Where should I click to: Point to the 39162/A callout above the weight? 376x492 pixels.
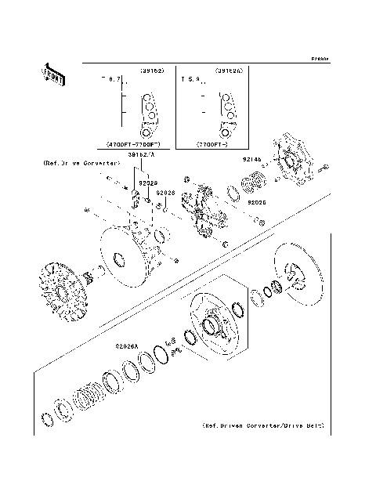[x=143, y=156]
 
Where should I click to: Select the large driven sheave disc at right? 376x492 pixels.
[x=297, y=275]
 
